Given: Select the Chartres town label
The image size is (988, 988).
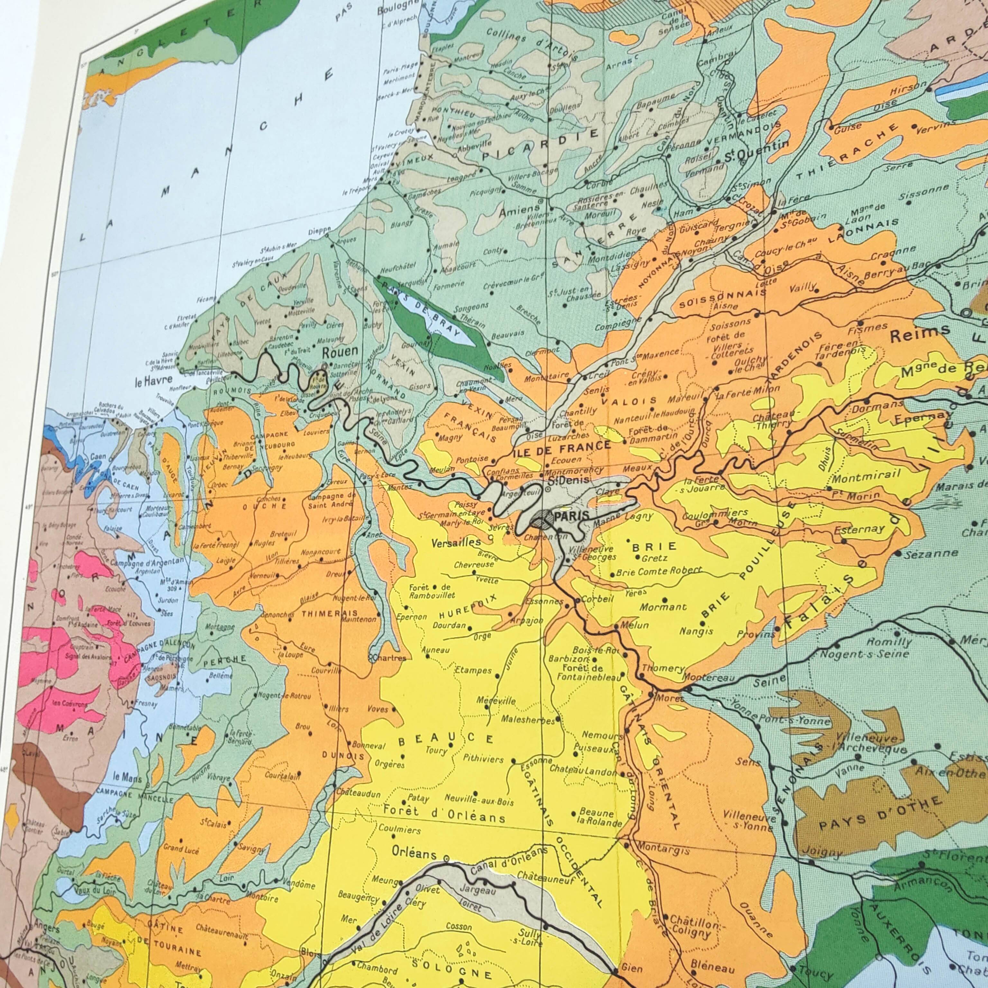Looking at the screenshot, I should [390, 658].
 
